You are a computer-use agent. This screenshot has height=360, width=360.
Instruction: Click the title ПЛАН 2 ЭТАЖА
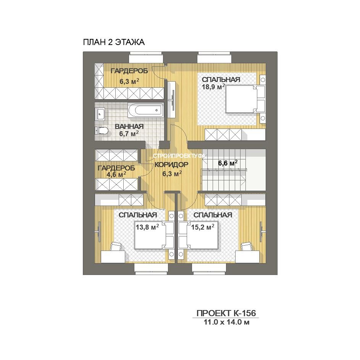coord(114,42)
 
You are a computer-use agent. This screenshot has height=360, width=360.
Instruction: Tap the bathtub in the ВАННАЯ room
coord(146,110)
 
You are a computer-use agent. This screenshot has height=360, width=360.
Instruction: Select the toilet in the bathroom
coord(102,131)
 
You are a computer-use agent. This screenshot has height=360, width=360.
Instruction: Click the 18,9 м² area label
coord(213,87)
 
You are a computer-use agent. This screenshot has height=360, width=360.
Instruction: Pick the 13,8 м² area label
coord(147,227)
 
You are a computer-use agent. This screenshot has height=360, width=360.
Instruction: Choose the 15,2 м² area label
coord(203,227)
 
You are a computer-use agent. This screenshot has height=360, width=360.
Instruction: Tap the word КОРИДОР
coord(171,165)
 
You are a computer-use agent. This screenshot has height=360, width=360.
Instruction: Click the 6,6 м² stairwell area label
coord(228,163)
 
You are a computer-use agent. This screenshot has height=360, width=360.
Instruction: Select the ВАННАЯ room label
coord(129,126)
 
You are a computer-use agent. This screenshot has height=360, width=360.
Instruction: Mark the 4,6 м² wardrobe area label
coord(116,175)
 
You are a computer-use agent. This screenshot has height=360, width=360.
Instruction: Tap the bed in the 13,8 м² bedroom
coord(154,235)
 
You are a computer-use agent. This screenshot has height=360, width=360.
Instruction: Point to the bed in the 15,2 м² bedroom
coord(199,235)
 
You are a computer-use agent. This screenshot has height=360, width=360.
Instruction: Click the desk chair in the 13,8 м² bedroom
coord(116,247)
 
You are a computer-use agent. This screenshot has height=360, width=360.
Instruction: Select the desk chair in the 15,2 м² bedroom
coord(247,247)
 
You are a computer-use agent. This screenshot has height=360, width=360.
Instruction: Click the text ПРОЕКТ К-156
coord(226,313)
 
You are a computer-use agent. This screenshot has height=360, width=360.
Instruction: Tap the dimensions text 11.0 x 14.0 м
coord(227,322)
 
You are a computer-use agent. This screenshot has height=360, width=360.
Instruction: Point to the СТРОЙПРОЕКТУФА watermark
coord(179,156)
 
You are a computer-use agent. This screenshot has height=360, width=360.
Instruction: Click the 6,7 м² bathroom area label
coord(129,133)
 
